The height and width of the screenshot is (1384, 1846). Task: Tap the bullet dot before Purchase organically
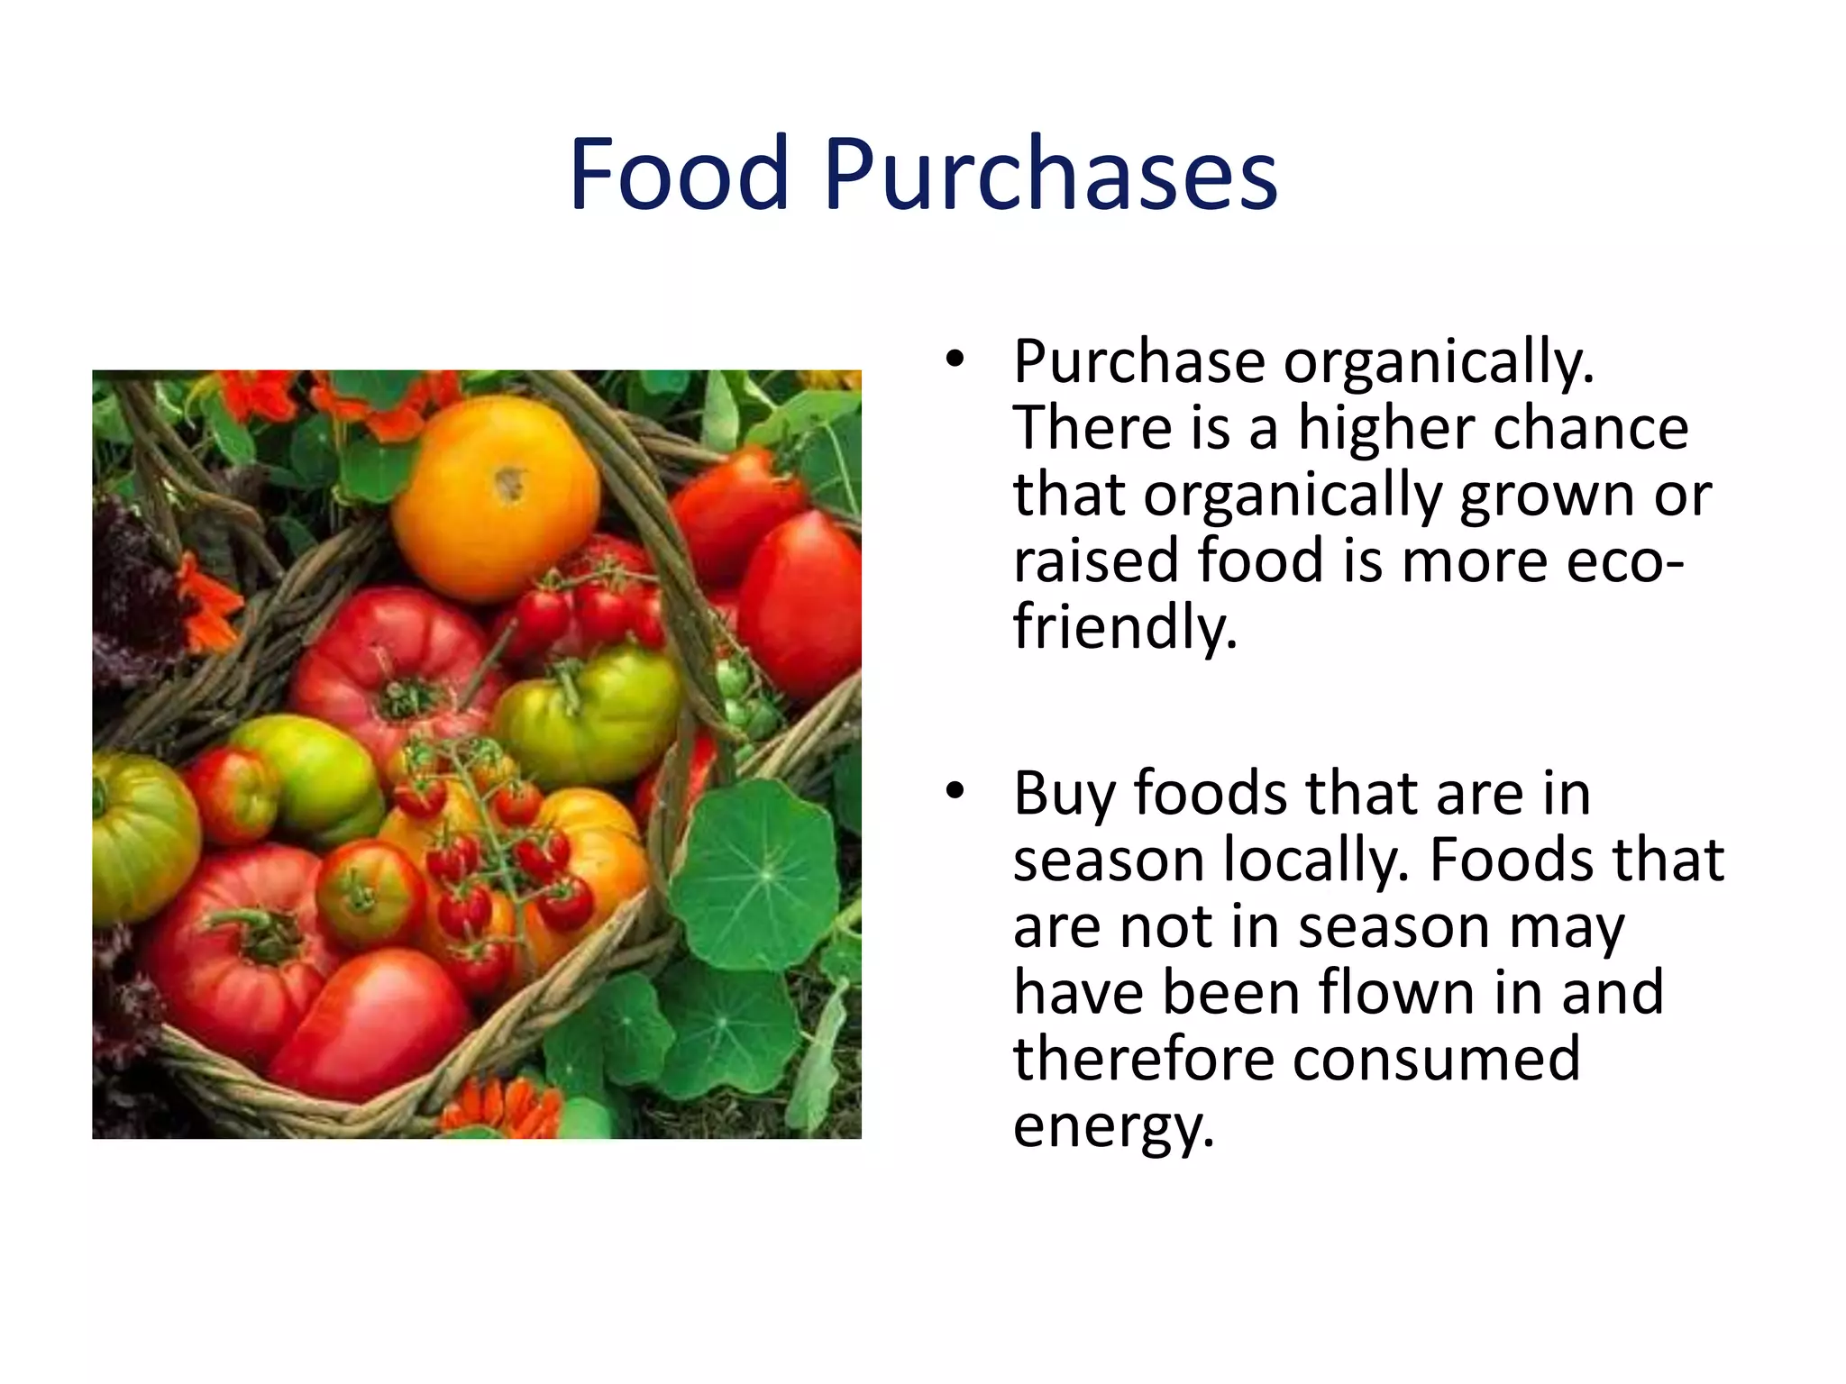point(955,360)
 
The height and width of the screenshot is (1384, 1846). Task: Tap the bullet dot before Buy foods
point(955,792)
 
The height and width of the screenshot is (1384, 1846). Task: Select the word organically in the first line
point(1439,362)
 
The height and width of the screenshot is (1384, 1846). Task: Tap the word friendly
point(1125,627)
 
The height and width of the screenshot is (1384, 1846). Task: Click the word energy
point(1113,1126)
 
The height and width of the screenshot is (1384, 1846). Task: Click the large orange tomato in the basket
point(495,496)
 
